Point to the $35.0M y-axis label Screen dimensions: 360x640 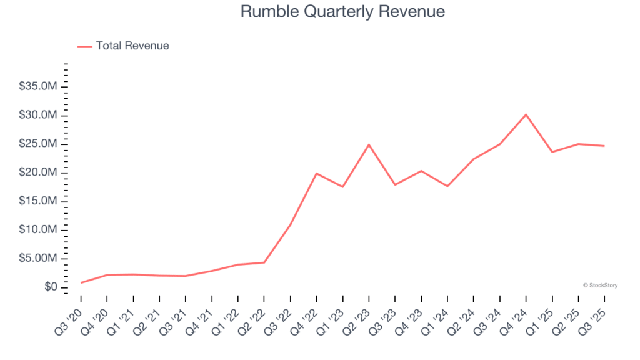click(x=39, y=86)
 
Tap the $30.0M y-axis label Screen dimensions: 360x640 click(x=39, y=115)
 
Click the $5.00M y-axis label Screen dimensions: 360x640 click(x=39, y=258)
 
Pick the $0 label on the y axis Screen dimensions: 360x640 click(x=51, y=287)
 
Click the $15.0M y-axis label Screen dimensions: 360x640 click(x=39, y=201)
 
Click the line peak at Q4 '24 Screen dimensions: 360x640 click(x=526, y=114)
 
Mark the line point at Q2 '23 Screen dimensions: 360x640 click(x=369, y=144)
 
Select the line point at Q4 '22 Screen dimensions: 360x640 click(x=317, y=173)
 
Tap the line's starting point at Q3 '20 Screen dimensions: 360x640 click(x=81, y=282)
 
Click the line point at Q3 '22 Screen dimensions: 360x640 click(x=291, y=224)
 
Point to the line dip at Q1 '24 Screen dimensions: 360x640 click(x=447, y=186)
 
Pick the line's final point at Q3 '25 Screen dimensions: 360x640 click(x=604, y=146)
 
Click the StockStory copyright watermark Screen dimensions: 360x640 click(x=600, y=285)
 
